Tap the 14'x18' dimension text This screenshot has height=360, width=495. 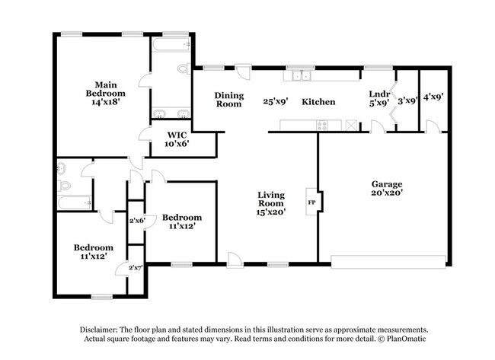tap(105, 100)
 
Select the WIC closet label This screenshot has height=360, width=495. tap(178, 134)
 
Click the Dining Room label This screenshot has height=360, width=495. tap(228, 100)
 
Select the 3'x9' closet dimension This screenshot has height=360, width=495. tap(408, 100)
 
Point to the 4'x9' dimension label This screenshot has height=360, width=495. tap(433, 97)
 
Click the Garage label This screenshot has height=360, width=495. tap(386, 184)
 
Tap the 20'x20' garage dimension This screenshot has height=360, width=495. tap(386, 193)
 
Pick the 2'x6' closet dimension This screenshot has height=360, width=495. tap(137, 221)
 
